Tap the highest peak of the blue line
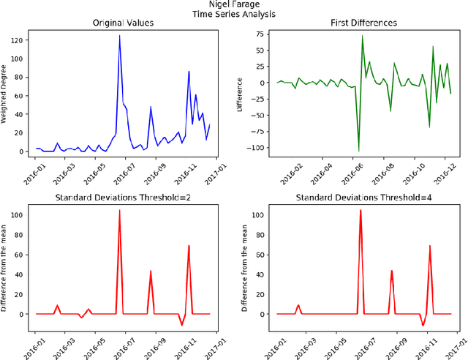[x=120, y=36]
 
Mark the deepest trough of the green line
[x=358, y=151]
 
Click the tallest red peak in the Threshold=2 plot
[x=120, y=211]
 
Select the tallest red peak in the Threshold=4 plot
[x=360, y=211]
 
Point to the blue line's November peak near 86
[x=189, y=72]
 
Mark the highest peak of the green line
[x=363, y=36]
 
